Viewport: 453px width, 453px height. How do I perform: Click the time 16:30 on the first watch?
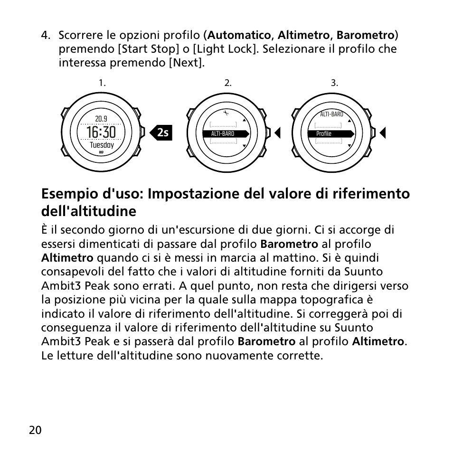pyautogui.click(x=101, y=132)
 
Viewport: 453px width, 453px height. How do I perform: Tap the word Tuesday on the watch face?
pyautogui.click(x=102, y=145)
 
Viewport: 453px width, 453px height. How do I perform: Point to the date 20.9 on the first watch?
pyautogui.click(x=101, y=119)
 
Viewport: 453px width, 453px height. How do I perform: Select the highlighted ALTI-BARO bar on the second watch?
pyautogui.click(x=226, y=134)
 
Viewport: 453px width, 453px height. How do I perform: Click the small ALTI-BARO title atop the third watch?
pyautogui.click(x=331, y=114)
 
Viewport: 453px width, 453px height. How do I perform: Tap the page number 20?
pyautogui.click(x=35, y=430)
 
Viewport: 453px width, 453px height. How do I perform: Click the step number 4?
pyautogui.click(x=45, y=36)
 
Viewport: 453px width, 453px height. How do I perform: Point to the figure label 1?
pyautogui.click(x=102, y=83)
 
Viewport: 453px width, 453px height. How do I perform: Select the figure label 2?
pyautogui.click(x=228, y=83)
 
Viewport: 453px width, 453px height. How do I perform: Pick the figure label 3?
pyautogui.click(x=334, y=83)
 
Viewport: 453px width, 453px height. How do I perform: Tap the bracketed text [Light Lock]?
pyautogui.click(x=226, y=49)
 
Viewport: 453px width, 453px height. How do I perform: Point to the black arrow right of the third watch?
pyautogui.click(x=382, y=133)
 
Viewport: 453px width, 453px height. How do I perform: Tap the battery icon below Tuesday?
pyautogui.click(x=102, y=153)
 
